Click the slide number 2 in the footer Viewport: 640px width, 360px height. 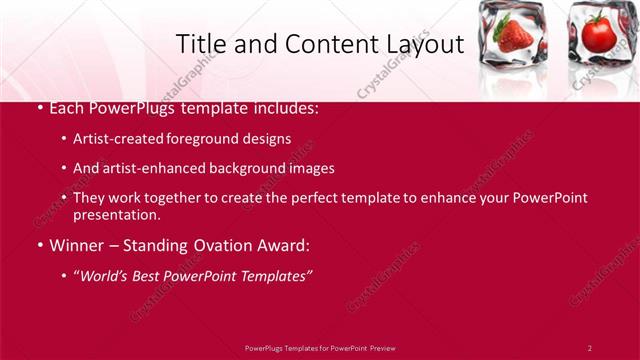pos(589,347)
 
